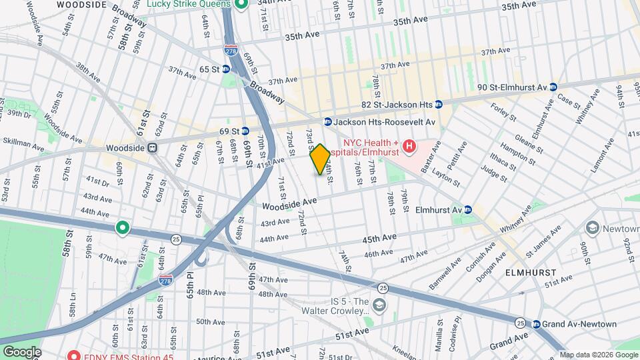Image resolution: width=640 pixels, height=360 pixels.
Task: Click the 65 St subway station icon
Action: (226, 69)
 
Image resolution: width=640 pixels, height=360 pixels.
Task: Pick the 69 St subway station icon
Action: (245, 131)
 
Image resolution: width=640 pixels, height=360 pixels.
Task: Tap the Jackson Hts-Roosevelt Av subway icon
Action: (328, 122)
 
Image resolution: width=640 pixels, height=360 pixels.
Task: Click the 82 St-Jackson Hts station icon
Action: (439, 105)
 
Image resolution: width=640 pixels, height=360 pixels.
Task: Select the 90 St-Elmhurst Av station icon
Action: (553, 87)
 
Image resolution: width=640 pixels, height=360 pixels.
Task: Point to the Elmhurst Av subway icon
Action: (468, 209)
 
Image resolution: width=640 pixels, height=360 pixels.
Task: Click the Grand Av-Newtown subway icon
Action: (537, 324)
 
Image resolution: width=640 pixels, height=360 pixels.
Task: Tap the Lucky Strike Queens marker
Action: (242, 4)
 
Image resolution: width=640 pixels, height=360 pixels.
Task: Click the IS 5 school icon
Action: (379, 305)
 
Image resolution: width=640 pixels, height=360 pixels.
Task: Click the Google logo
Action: (21, 352)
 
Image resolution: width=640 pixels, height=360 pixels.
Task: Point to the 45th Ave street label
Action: (379, 238)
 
